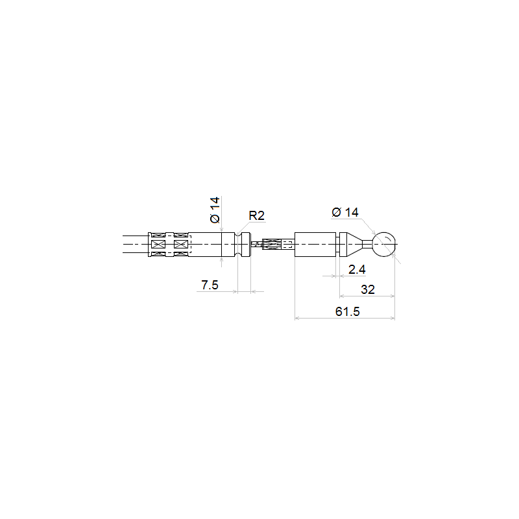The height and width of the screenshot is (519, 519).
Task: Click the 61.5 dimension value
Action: [347, 311]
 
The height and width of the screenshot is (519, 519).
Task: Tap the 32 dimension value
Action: [368, 289]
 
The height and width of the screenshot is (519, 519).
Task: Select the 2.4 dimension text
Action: [357, 269]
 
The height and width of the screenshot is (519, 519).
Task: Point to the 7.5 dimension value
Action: [210, 285]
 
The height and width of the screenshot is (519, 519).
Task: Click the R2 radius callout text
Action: [256, 215]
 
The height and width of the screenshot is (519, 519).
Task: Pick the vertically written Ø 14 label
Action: [215, 210]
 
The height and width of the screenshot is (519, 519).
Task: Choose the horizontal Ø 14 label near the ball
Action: [345, 212]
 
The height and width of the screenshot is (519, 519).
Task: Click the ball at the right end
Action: [383, 245]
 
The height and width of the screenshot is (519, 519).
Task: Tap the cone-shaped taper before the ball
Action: [354, 245]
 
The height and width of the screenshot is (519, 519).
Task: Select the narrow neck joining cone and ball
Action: [367, 245]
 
